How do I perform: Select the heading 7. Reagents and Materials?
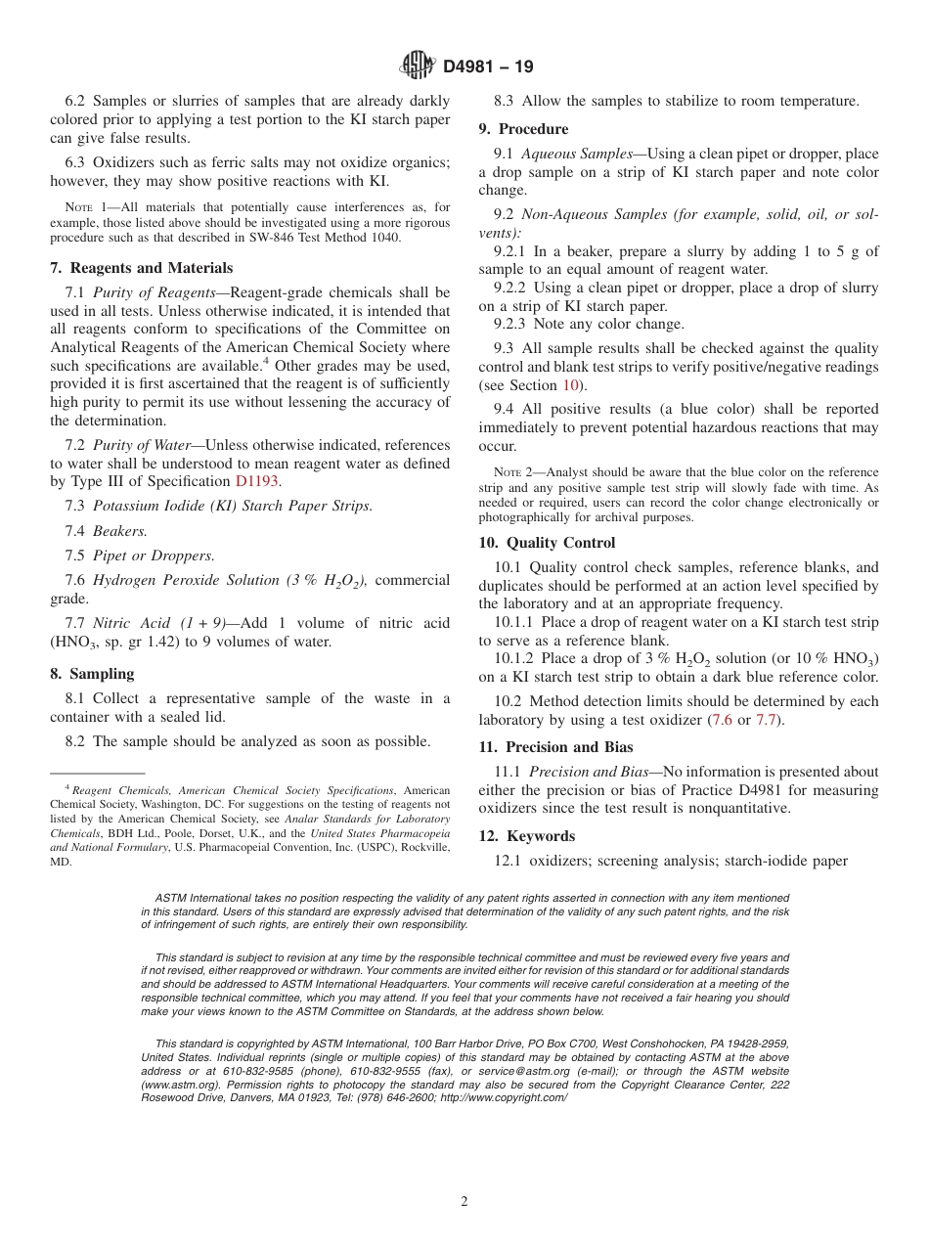pos(141,268)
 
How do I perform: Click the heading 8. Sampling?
pos(92,674)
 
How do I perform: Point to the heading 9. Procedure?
pos(523,129)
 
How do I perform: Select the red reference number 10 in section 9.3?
pos(569,385)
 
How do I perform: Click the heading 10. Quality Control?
pos(547,543)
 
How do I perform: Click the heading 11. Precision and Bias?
pos(555,747)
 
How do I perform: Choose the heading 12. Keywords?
pos(526,836)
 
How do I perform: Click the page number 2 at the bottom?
pos(464,1202)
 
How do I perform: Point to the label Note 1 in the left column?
pos(77,207)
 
